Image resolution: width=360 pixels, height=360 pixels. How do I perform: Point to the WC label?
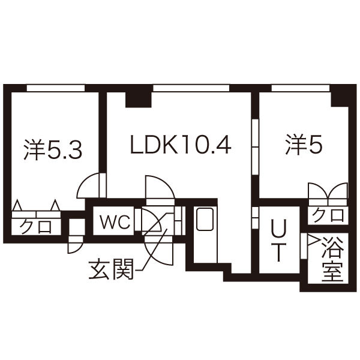tap(115, 223)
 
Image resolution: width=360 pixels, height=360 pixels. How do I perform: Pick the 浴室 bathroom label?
tap(332, 259)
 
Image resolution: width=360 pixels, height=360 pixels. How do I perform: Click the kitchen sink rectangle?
tap(205, 220)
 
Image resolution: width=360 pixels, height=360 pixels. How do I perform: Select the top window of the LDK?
tap(191, 88)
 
